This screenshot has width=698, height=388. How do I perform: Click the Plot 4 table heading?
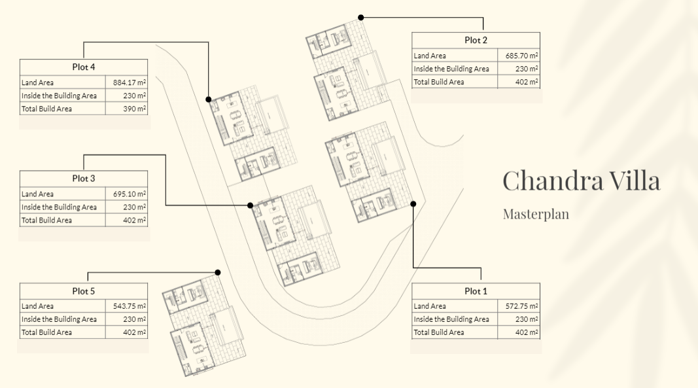(x=84, y=67)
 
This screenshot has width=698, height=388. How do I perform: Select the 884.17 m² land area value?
(x=130, y=82)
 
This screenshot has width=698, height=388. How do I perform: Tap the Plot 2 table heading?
(x=476, y=40)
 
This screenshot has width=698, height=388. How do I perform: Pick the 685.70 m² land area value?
(x=522, y=56)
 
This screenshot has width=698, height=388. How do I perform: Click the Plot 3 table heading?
(x=84, y=178)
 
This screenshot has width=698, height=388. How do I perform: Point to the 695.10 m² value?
(x=130, y=194)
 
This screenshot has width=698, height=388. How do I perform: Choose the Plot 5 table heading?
(x=84, y=291)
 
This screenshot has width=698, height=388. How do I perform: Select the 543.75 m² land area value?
(x=130, y=306)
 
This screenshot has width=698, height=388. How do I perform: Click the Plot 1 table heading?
(x=476, y=291)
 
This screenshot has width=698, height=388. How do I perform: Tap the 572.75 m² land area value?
(x=522, y=306)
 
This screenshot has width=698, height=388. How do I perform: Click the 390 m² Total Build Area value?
(x=135, y=109)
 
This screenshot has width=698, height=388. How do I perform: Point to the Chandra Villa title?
(x=582, y=181)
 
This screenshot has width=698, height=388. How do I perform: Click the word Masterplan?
(x=536, y=214)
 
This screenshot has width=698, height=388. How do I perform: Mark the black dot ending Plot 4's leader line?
(x=208, y=99)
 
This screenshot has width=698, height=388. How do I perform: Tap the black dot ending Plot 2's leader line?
(x=361, y=18)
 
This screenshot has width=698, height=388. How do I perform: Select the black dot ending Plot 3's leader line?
(x=250, y=205)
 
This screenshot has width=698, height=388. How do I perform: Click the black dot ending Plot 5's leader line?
(x=218, y=272)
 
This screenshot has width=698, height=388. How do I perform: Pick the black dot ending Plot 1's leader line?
(x=413, y=204)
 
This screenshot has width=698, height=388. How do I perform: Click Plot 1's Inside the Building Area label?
(x=451, y=319)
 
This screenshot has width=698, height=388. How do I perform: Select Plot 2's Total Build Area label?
(x=439, y=82)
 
